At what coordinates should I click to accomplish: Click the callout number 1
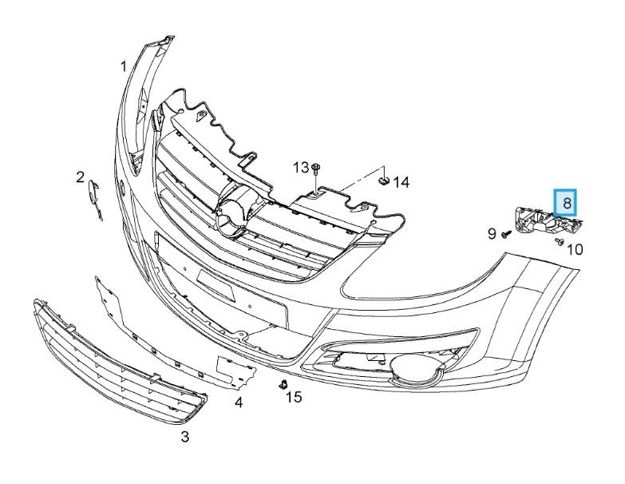tap(124, 66)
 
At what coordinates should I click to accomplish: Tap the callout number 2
tap(81, 177)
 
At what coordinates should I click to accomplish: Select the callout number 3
tap(184, 437)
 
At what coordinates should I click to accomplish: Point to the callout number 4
tap(239, 403)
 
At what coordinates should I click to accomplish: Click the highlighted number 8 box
tap(566, 203)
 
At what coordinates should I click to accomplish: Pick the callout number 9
tap(492, 234)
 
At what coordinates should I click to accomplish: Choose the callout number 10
tap(575, 249)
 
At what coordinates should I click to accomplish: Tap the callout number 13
tap(301, 168)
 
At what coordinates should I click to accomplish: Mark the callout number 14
tap(402, 183)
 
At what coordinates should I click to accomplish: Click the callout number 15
tap(294, 397)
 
